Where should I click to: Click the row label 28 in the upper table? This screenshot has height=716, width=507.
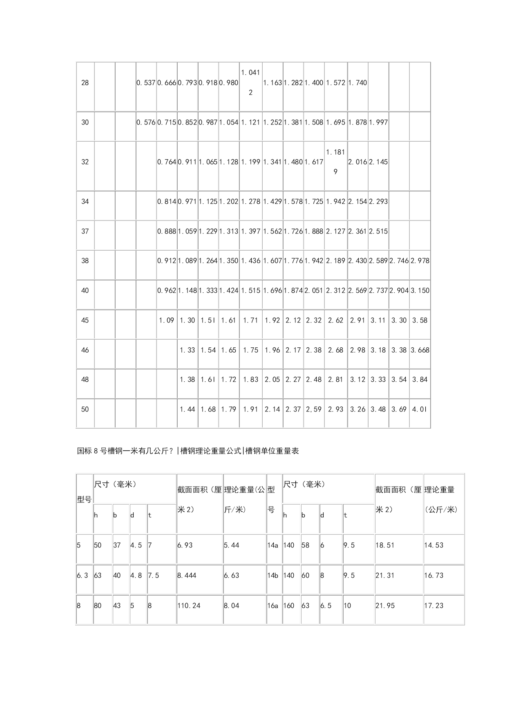coord(85,83)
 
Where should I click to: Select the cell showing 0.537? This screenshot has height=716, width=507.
coord(146,83)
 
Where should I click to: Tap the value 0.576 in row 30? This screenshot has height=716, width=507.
coord(146,122)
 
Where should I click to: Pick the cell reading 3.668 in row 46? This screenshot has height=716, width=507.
coord(420,350)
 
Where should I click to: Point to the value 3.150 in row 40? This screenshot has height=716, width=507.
coord(420,291)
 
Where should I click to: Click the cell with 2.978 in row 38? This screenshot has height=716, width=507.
coord(420,261)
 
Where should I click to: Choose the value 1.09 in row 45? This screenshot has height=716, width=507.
coord(167,320)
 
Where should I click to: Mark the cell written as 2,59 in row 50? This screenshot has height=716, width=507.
coord(314,409)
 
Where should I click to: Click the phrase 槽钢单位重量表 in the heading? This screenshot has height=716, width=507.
coord(272,451)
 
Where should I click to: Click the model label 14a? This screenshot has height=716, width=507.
coord(272,545)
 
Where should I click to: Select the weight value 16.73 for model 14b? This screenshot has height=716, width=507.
coord(433,576)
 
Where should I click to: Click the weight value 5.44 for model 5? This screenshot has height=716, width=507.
coord(232,545)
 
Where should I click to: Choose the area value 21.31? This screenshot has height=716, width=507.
coord(385,576)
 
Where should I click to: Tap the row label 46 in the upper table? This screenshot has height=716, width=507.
coord(85,350)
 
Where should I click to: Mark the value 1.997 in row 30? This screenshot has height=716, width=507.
coord(378,122)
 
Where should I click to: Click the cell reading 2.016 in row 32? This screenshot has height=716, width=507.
coord(357,162)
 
